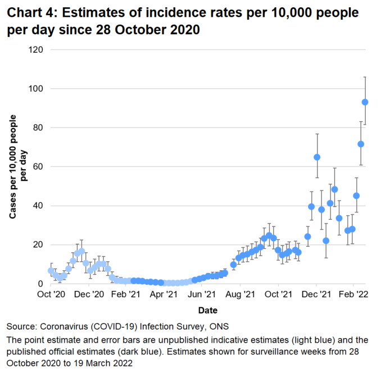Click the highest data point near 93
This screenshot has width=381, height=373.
click(365, 102)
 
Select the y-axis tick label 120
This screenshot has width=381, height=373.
click(37, 50)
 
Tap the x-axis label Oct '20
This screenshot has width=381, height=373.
click(51, 294)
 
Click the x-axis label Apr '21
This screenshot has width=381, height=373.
click(165, 294)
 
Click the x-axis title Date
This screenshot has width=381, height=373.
click(207, 310)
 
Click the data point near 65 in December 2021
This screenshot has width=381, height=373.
click(317, 157)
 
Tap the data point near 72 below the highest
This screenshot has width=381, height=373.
click(361, 144)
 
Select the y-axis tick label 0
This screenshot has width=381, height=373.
click(41, 284)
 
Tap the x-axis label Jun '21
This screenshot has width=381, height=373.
click(202, 294)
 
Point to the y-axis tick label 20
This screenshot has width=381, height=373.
click(39, 245)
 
